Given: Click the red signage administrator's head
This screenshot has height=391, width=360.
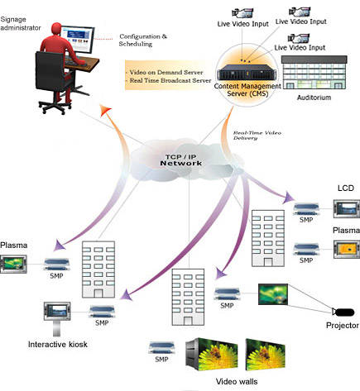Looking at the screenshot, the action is pos(56,29).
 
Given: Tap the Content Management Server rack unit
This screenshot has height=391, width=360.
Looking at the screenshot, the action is pos(244,72).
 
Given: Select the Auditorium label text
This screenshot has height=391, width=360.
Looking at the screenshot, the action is pos(314,98).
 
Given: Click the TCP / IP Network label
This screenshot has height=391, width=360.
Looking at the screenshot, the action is pos(181,160).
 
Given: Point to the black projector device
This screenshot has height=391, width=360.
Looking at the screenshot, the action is pos(343,312).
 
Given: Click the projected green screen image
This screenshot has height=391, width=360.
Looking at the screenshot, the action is pos(273,294).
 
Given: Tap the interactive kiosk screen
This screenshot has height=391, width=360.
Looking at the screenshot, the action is pos(57,311).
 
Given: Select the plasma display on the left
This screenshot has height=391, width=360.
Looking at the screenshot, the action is pos(13,264).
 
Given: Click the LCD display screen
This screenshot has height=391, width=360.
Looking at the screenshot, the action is pos(347,209).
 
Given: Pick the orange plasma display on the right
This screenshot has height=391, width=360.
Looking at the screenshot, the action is pos(347,250).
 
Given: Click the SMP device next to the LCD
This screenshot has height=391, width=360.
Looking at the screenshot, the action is pos(306,209).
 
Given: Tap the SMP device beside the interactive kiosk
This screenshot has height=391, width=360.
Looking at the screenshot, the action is pos(102,312).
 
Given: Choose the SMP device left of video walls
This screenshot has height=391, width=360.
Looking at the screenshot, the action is pos(161,348).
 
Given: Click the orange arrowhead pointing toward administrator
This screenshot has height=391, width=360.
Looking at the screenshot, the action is pos(105,110).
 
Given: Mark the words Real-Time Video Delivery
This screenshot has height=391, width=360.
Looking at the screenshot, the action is pos(257,136).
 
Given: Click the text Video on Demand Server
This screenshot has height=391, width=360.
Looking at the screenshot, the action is pos(166,72).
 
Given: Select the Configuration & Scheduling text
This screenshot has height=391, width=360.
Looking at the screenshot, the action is pos(143,40).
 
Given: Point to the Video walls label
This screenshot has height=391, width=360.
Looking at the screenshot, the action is pos(237,382).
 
